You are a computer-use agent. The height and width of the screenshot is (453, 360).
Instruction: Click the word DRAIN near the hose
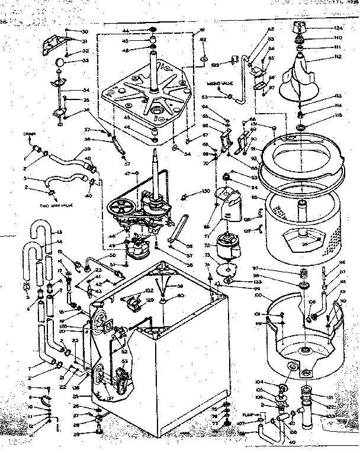pyautogui.click(x=31, y=134)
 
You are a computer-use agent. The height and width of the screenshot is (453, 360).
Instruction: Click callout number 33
pyautogui.click(x=85, y=60)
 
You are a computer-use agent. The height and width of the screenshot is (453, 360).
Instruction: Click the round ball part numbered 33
pyautogui.click(x=60, y=63)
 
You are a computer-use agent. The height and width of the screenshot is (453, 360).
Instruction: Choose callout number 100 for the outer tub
pyautogui.click(x=256, y=294)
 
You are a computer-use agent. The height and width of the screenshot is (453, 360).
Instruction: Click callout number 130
pyautogui.click(x=206, y=191)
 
